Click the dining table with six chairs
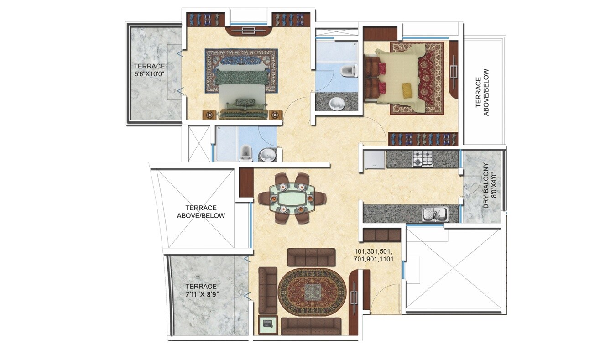coord(292,198)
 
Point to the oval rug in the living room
coord(312,292)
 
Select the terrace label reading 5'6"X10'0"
coord(149,70)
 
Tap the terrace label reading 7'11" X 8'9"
coord(202,290)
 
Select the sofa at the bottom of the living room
coord(311,326)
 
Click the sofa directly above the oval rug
coord(311,257)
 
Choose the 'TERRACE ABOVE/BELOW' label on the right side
coord(481,93)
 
